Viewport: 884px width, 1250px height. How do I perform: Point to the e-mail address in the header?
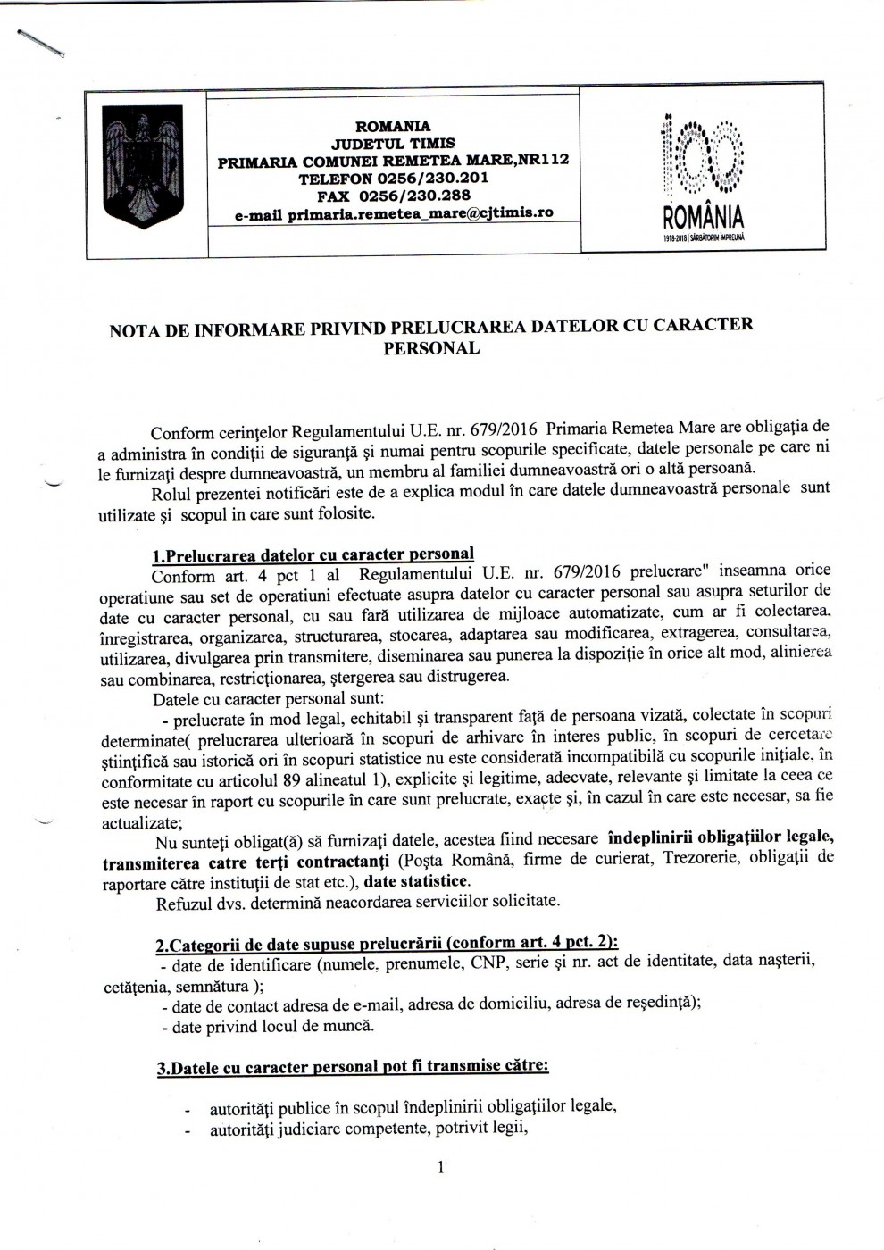(x=394, y=213)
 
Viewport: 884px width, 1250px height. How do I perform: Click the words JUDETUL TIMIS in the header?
(x=393, y=143)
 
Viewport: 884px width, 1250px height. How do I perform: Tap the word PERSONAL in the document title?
(x=431, y=349)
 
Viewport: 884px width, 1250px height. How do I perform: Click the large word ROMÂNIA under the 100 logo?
(x=703, y=217)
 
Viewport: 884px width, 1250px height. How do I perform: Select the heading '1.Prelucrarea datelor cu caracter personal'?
(x=313, y=555)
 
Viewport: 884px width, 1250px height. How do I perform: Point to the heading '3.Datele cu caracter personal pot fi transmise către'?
(x=353, y=1067)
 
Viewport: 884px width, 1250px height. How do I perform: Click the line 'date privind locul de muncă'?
(x=268, y=1026)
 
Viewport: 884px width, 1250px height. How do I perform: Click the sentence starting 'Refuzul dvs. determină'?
(x=357, y=901)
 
